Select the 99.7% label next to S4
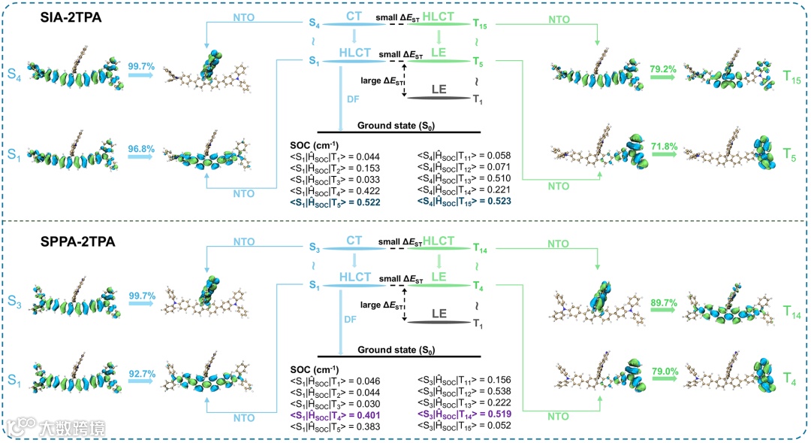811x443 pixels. click(141, 67)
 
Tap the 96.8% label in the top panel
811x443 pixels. click(141, 141)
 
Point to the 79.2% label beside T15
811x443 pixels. click(665, 68)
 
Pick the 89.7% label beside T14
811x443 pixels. click(665, 302)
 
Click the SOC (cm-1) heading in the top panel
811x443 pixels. click(315, 144)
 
